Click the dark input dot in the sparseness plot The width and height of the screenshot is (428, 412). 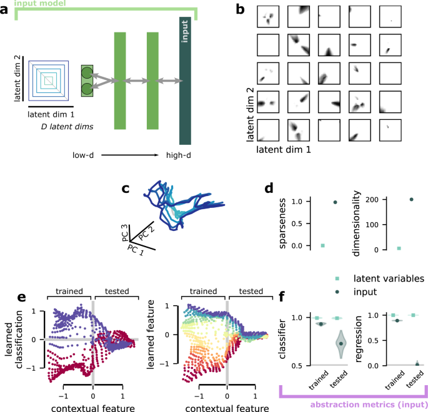pyautogui.click(x=335, y=202)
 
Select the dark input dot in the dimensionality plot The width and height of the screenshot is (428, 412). pyautogui.click(x=411, y=200)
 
